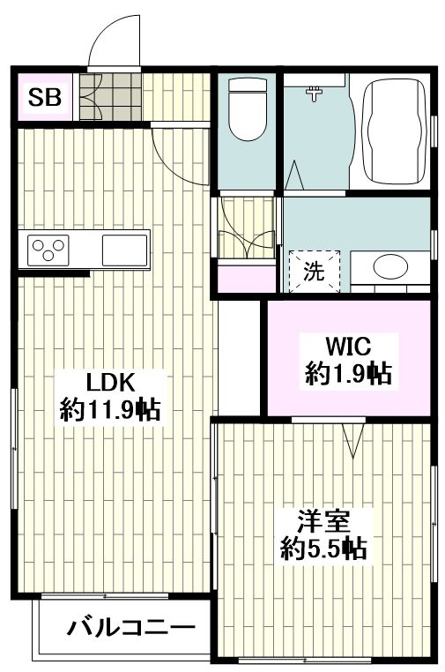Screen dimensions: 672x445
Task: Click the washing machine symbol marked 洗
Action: pyautogui.click(x=314, y=270)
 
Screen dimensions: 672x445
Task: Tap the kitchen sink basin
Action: pyautogui.click(x=124, y=250)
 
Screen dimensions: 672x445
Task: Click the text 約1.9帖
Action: pyautogui.click(x=348, y=374)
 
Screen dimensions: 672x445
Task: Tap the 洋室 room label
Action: pyautogui.click(x=323, y=519)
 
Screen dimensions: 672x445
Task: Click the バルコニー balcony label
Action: pyautogui.click(x=130, y=629)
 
